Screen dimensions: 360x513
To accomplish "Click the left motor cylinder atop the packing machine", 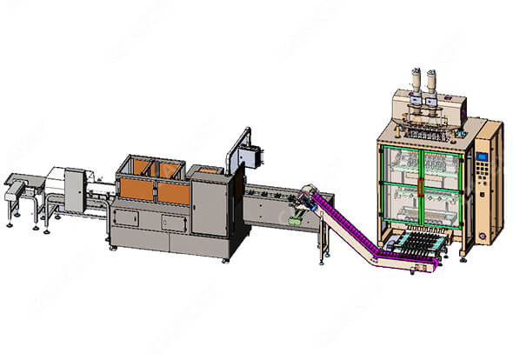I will click(x=413, y=81).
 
